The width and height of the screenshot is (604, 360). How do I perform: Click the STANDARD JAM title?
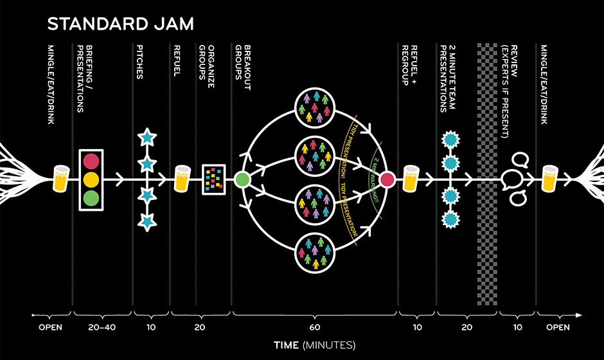coord(121,24)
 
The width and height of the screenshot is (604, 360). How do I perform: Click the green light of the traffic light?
coord(91,197)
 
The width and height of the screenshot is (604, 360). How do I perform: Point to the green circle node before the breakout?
coord(242,179)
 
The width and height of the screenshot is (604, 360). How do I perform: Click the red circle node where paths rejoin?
coord(387,179)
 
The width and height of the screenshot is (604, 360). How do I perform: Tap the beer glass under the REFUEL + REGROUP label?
coord(411,178)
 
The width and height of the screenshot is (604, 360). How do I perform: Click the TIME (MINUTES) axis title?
coord(314,345)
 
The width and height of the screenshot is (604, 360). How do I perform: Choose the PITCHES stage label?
coord(141,62)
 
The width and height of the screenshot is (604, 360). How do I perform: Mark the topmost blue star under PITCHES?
coord(147,137)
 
